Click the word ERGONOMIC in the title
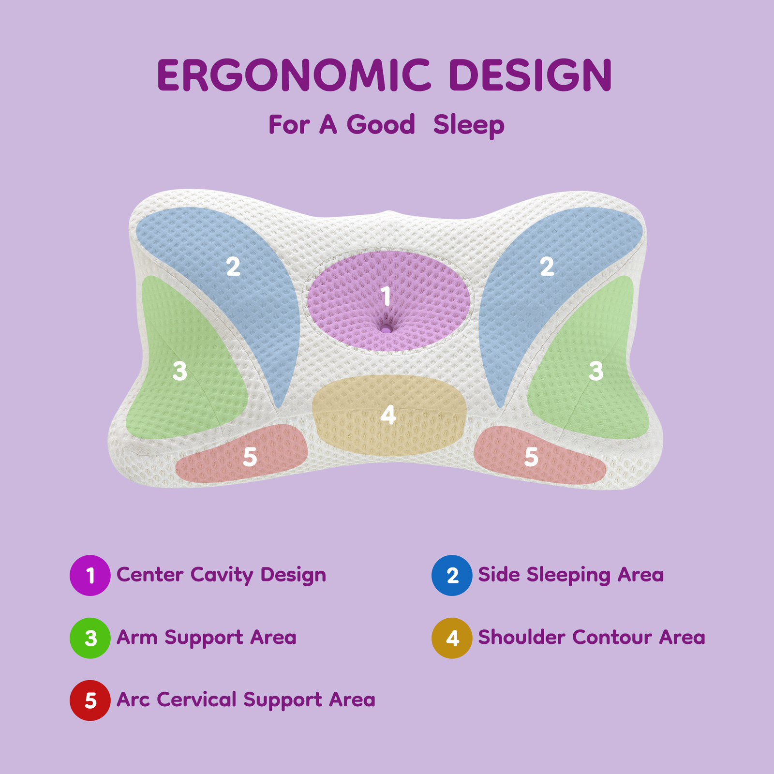294,75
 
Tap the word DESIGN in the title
531,75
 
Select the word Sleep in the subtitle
469,125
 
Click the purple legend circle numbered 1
90,575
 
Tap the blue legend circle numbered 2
452,575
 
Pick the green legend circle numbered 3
90,638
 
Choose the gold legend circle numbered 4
452,638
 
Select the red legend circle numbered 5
90,700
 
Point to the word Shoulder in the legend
521,637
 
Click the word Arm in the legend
137,637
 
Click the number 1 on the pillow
386,296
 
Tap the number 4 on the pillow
388,415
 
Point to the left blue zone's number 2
233,267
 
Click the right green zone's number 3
596,371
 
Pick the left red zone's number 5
250,457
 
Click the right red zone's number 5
531,457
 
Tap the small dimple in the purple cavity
386,329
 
